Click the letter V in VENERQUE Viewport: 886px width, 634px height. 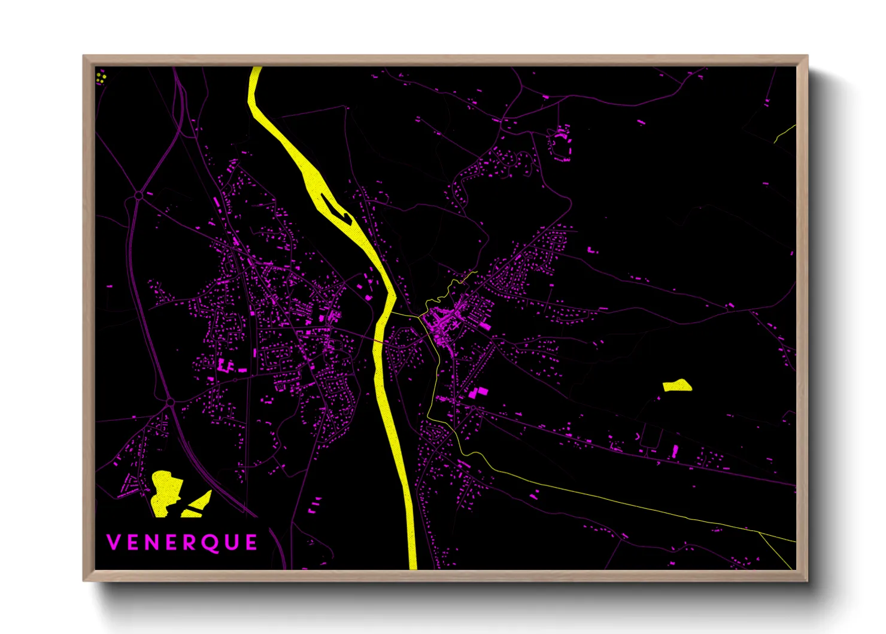pyautogui.click(x=113, y=542)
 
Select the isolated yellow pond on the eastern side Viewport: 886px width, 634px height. pyautogui.click(x=677, y=385)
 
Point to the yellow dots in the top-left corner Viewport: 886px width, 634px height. pyautogui.click(x=101, y=77)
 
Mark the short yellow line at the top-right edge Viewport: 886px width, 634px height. pyautogui.click(x=785, y=133)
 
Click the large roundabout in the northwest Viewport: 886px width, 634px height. pyautogui.click(x=139, y=195)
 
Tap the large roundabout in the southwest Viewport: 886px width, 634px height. pyautogui.click(x=170, y=402)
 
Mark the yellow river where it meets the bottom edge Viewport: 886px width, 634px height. pyautogui.click(x=412, y=566)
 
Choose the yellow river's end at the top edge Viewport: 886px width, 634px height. pyautogui.click(x=256, y=68)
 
